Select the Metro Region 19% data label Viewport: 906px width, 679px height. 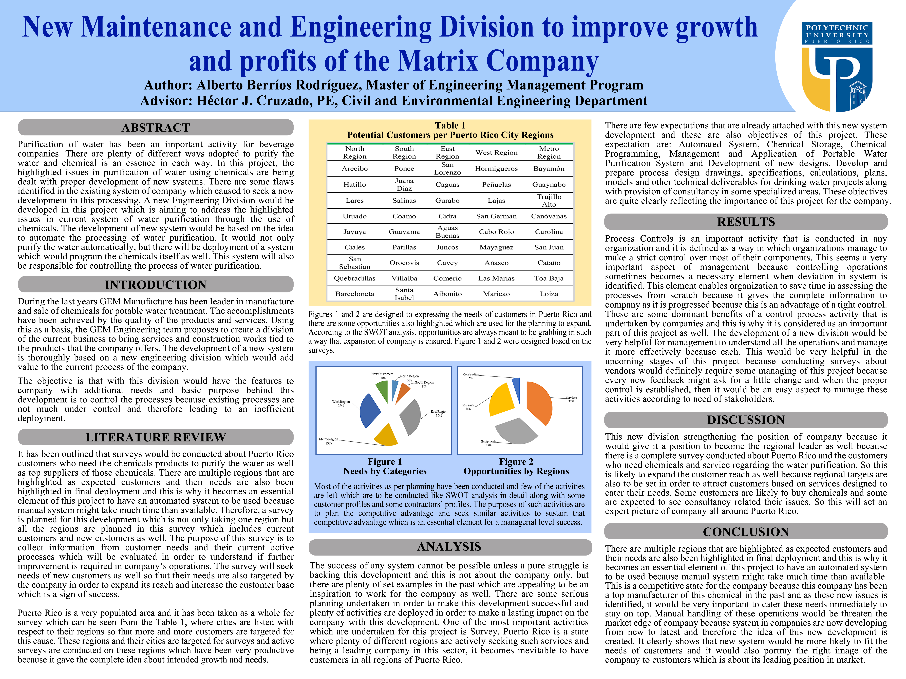(328, 441)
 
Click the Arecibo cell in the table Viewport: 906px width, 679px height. (355, 169)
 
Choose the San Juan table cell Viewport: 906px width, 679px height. (549, 247)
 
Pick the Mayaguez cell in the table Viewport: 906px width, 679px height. (496, 247)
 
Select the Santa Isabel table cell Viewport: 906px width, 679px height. (404, 294)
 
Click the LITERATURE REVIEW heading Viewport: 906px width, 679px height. (156, 437)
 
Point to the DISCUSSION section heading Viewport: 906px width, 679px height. (746, 420)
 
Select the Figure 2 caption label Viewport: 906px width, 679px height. (516, 462)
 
